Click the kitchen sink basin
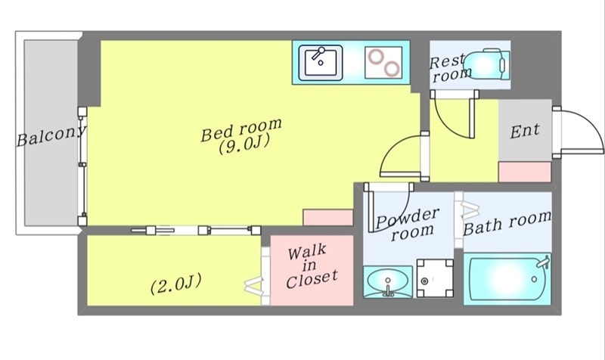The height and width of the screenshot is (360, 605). [321, 61]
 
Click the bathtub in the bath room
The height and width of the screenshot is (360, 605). [504, 281]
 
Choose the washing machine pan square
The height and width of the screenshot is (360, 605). [435, 281]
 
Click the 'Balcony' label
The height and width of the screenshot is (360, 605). [51, 138]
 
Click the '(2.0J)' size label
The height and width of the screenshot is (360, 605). [175, 285]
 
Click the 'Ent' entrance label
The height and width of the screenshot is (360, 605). [525, 130]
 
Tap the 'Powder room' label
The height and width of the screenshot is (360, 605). [408, 225]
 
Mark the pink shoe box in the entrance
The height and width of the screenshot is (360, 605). [524, 172]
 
